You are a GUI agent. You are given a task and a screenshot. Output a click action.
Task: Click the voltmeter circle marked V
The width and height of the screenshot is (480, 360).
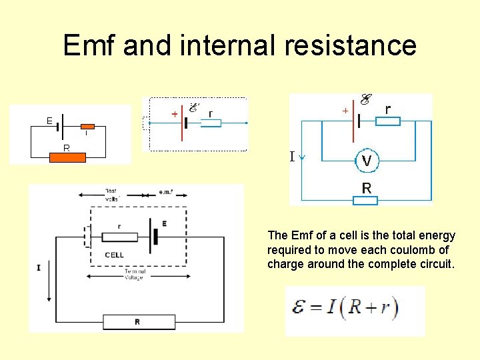click(366, 161)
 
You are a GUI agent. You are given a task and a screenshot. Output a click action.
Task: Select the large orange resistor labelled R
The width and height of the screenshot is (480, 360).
click(68, 157)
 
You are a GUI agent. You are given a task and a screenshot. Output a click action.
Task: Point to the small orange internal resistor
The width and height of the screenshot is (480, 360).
click(88, 125)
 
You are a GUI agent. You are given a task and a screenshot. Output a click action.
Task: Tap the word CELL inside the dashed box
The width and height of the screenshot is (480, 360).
click(114, 255)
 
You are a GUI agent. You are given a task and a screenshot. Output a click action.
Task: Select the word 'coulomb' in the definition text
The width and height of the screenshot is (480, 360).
click(419, 249)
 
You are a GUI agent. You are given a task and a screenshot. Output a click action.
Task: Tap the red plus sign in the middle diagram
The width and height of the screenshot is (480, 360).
click(174, 114)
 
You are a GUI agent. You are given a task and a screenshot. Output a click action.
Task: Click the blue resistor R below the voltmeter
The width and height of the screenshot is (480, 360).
click(366, 200)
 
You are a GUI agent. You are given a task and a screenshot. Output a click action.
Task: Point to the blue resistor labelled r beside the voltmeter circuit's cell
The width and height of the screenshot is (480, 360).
click(387, 121)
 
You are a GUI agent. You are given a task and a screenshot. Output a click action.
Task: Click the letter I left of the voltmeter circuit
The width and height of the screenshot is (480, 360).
click(291, 157)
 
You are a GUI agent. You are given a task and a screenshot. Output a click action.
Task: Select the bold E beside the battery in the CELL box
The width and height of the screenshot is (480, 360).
click(164, 224)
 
